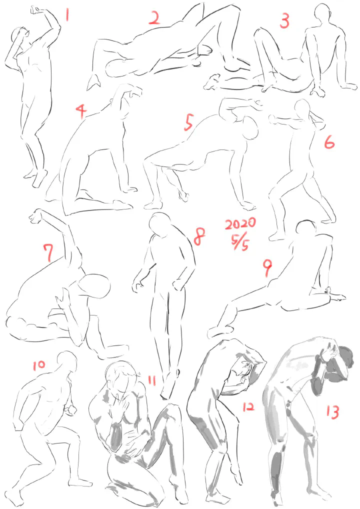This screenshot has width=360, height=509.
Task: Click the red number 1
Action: pos(67,14)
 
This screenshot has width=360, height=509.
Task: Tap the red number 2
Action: pos(154,18)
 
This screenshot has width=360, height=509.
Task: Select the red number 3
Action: pos(284,21)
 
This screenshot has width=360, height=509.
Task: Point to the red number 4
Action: pos(81,111)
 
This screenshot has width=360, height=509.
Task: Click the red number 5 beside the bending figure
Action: pos(188,122)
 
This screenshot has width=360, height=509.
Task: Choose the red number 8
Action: pos(199,236)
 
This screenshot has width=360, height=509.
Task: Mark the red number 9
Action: pos(267,268)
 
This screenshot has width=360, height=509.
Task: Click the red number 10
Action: pos(39,365)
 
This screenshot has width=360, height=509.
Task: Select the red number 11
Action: pos(151,380)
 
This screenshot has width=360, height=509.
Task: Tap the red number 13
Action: pos(332,412)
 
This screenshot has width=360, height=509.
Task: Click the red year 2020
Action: pos(240,223)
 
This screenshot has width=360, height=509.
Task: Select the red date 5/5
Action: pos(240,242)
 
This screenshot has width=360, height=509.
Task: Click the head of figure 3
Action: pos(322,13)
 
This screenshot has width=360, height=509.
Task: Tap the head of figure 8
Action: pos(159,223)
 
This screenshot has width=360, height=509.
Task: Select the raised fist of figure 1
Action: pos(36,9)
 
